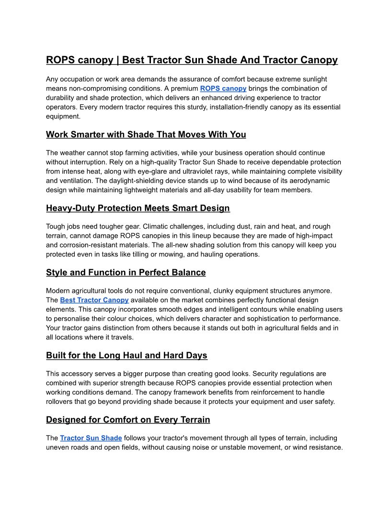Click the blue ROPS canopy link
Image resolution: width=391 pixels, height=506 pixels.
[223, 89]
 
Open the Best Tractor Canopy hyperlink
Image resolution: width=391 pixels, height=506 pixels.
[94, 300]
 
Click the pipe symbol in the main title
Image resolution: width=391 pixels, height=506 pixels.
[118, 60]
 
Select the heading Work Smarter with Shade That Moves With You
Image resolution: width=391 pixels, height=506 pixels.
[146, 135]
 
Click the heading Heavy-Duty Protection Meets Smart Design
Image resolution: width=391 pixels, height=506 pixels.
[138, 208]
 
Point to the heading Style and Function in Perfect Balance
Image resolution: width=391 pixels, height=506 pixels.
[126, 273]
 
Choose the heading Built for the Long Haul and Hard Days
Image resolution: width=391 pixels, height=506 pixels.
[126, 356]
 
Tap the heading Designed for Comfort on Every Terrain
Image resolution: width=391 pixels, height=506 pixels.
[128, 420]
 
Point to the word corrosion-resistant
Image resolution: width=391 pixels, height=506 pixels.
[77, 245]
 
